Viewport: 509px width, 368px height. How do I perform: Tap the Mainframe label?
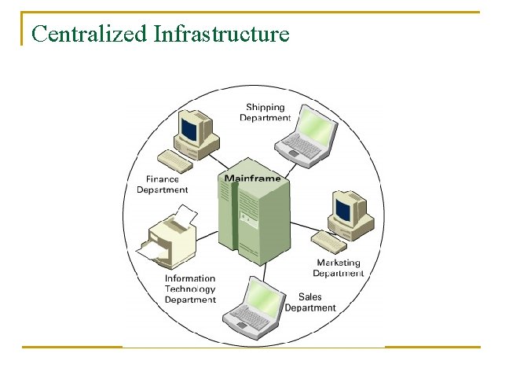coord(252,178)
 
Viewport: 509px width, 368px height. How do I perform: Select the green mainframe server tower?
coord(251,224)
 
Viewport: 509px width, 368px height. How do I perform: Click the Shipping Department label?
coord(265,112)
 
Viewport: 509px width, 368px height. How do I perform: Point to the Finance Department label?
coord(163,185)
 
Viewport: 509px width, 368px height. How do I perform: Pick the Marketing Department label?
coord(339,268)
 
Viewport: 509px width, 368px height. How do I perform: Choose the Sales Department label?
coord(310,302)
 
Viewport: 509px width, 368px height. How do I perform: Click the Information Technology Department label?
coord(190,289)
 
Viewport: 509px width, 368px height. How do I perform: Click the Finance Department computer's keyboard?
coord(174,161)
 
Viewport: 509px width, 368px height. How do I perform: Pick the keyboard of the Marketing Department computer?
coord(328,241)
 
